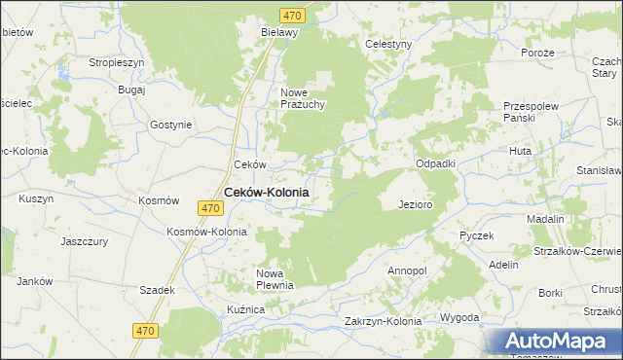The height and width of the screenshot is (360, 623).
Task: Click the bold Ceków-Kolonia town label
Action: (x=267, y=193)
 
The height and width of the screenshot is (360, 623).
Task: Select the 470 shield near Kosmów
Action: (x=209, y=208)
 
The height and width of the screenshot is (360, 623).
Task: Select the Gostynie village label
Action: (x=171, y=125)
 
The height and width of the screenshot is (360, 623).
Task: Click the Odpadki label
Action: (x=436, y=163)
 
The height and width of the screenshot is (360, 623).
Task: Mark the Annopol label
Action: (x=407, y=270)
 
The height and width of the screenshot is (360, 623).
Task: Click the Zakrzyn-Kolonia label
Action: (x=383, y=321)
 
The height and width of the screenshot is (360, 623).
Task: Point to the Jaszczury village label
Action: (x=83, y=240)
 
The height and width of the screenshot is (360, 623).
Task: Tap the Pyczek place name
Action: (x=477, y=235)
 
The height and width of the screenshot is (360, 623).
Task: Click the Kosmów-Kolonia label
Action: (x=207, y=233)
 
